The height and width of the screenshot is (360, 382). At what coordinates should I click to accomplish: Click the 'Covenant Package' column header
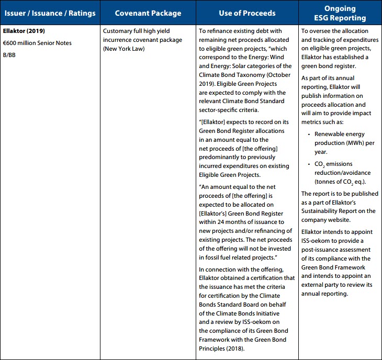coord(148,13)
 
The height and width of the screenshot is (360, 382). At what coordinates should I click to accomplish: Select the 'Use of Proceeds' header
coord(246,13)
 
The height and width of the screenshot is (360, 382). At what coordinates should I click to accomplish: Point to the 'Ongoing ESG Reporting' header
coord(340,13)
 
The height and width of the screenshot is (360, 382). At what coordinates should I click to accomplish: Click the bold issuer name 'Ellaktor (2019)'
coord(24,31)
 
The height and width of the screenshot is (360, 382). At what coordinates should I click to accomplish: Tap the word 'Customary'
coord(118,31)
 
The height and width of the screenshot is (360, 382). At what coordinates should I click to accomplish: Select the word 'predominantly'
coord(221,157)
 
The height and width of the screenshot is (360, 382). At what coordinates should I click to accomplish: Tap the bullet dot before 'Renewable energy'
coord(309,134)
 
